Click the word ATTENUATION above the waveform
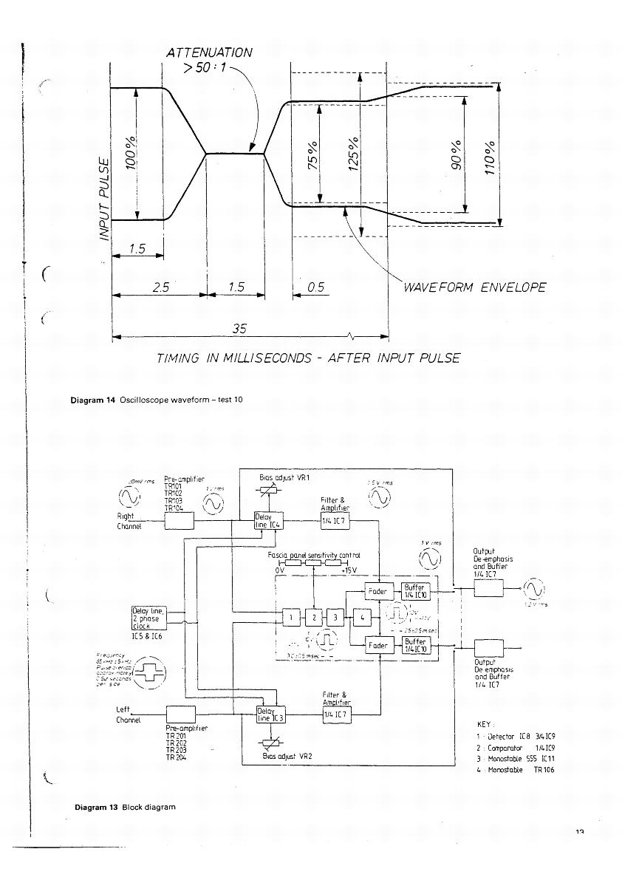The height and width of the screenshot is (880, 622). (x=209, y=52)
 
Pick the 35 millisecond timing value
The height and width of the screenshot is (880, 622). (x=238, y=328)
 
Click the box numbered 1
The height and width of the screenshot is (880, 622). (x=291, y=615)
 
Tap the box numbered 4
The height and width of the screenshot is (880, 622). (x=362, y=615)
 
